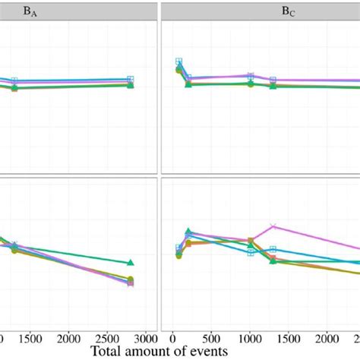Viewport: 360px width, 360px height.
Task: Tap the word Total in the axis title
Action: (x=110, y=352)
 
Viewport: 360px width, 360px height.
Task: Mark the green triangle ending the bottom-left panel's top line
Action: (x=131, y=263)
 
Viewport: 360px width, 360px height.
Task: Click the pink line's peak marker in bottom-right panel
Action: (x=273, y=226)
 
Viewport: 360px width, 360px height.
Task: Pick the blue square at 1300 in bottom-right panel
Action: (x=273, y=249)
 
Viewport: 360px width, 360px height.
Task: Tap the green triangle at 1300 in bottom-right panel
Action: (x=273, y=261)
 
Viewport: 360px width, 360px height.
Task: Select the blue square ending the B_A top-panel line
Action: (x=131, y=79)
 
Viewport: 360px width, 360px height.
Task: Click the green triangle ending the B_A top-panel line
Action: (x=131, y=85)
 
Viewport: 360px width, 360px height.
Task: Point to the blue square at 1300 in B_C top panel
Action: (x=273, y=80)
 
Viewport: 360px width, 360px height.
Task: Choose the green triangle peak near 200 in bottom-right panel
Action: (x=188, y=231)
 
